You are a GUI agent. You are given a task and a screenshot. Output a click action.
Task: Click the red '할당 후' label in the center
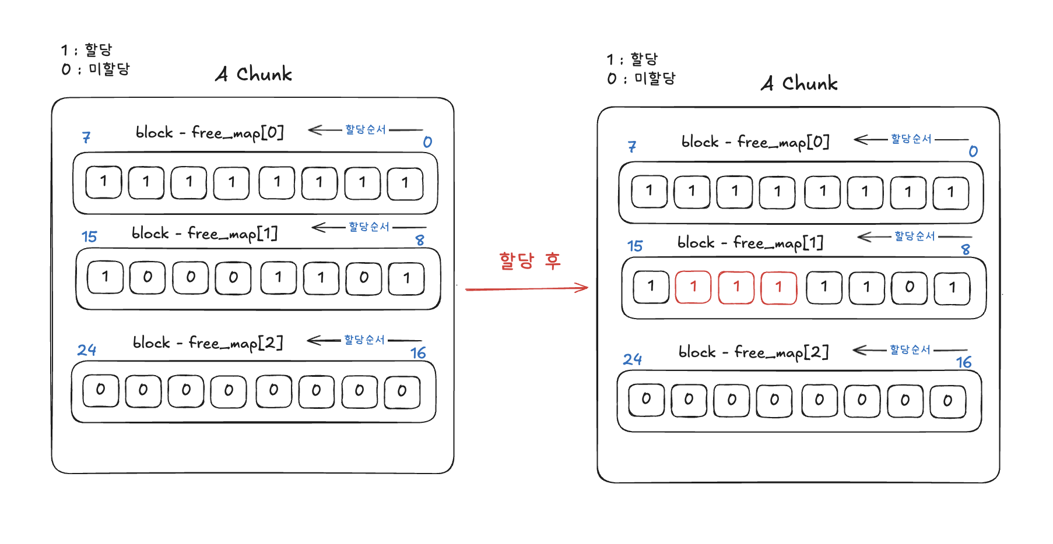pos(529,260)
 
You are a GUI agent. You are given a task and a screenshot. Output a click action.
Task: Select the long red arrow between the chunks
pos(526,288)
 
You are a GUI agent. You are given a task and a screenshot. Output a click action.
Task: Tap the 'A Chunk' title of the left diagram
pos(254,74)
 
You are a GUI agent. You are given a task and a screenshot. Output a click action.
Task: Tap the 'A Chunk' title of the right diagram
pos(799,83)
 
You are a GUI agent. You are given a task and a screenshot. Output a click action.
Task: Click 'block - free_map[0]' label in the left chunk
pos(209,133)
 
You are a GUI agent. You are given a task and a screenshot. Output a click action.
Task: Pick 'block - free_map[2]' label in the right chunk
pos(753,352)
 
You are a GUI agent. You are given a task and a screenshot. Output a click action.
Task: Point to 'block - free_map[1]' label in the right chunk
pos(750,242)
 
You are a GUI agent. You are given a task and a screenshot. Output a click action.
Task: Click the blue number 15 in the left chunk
pos(89,236)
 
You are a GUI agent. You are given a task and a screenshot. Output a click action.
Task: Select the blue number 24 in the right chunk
pos(633,359)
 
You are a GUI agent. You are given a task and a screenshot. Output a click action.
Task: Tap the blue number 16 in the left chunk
pos(418,353)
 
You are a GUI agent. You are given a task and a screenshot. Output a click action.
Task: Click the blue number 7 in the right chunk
pos(632,147)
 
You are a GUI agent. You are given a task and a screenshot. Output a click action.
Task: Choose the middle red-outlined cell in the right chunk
pos(736,287)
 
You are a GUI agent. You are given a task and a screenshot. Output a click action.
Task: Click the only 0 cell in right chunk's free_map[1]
pos(909,287)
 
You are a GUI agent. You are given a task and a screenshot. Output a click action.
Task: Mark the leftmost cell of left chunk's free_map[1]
pos(105,277)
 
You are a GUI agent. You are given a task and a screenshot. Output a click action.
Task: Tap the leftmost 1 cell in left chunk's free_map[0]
pos(104,182)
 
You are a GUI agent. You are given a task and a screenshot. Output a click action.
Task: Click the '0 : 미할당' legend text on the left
pos(96,69)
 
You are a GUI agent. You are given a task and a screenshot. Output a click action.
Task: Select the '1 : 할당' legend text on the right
pos(632,59)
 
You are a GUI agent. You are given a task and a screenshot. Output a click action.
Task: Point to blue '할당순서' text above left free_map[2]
pos(364,340)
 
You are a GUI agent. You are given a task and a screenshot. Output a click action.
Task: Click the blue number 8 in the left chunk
pos(420,240)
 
